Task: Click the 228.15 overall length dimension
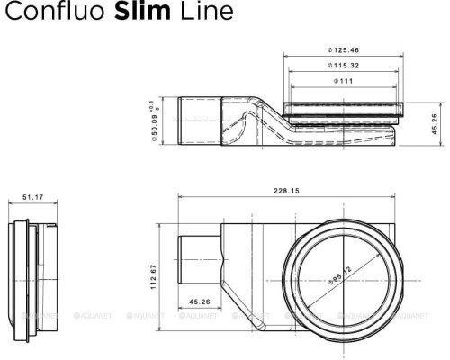[x=288, y=190]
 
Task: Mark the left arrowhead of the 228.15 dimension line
[x=181, y=198]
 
